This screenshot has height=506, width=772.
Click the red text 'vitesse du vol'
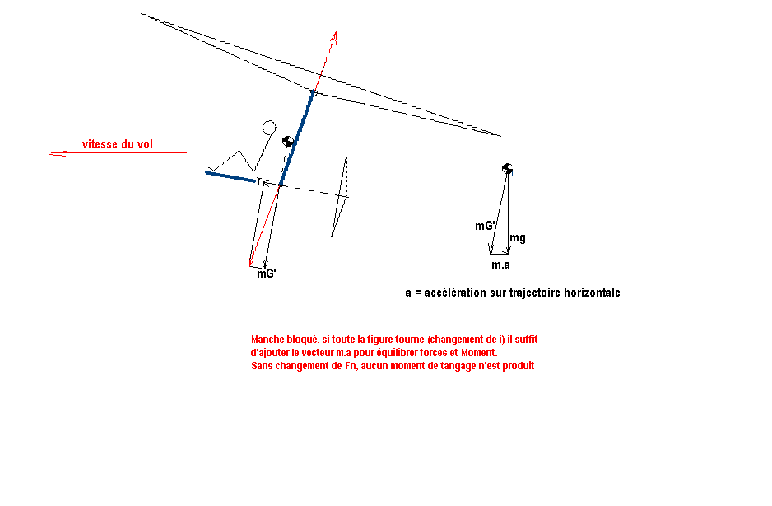tap(117, 144)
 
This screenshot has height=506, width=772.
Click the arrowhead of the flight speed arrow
tap(58, 154)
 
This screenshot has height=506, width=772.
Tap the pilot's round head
tap(269, 127)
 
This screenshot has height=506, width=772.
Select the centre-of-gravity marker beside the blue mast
tap(288, 142)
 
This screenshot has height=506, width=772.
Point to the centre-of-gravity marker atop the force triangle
tap(508, 169)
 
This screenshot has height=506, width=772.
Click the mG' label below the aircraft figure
tap(267, 274)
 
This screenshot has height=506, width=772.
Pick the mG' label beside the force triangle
tap(485, 226)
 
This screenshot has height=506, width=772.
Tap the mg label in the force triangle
tap(518, 237)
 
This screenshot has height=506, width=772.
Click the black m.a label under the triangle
tap(500, 265)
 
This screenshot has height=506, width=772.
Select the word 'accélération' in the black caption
tap(454, 293)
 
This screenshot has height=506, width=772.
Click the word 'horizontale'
tap(592, 293)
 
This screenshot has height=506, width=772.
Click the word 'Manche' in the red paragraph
tap(267, 340)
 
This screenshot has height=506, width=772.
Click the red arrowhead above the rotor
tap(334, 36)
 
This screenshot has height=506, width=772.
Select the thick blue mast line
tap(297, 138)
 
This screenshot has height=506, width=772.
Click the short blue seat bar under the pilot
tap(230, 177)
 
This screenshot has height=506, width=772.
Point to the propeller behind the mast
tap(340, 197)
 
